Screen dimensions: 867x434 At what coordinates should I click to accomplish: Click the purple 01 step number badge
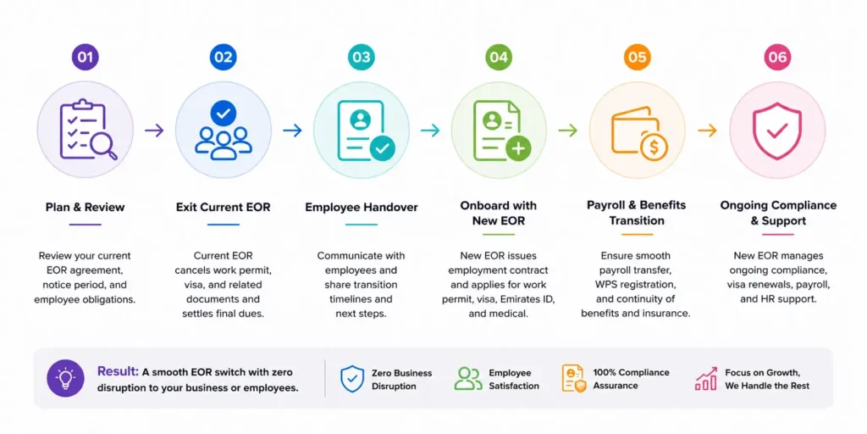coord(86,57)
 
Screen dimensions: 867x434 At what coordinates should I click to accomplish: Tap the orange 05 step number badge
coord(637,57)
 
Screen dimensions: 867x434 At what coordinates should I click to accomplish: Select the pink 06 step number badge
coord(777,57)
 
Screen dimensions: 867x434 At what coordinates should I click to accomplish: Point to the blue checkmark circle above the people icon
coord(224,114)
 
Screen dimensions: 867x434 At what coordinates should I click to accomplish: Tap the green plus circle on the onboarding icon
coord(518,147)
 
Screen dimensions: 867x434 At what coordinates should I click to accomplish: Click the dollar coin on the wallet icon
coord(654,147)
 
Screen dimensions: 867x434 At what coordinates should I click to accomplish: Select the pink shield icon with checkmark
coord(777,131)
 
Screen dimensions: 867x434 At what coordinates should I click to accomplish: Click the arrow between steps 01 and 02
coord(154,131)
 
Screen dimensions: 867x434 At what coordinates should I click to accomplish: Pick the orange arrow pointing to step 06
coord(707,131)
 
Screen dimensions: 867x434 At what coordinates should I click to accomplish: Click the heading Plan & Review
coord(86,208)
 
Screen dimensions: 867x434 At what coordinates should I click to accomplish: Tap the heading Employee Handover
coord(362,208)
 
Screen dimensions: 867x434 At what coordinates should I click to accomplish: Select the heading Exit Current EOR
coord(224,208)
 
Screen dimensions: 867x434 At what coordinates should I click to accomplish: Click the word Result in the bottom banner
coord(117,371)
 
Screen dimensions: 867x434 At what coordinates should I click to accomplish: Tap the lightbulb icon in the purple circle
coord(65,379)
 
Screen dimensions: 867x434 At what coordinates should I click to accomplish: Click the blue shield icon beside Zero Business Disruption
coord(351,379)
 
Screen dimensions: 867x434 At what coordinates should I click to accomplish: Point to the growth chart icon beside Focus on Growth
coord(706,379)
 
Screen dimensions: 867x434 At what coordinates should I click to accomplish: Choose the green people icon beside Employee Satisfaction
coord(467,379)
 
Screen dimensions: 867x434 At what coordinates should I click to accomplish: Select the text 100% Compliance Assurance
coord(631,379)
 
